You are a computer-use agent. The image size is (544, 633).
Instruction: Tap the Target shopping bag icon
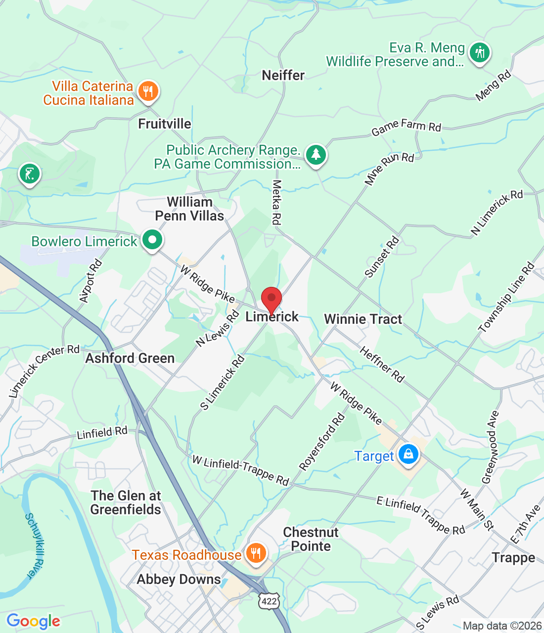click(x=408, y=454)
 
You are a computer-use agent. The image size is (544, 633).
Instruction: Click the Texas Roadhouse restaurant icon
click(x=255, y=553)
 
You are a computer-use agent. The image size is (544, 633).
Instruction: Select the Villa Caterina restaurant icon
click(x=147, y=91)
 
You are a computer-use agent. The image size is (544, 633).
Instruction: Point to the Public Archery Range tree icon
click(x=316, y=155)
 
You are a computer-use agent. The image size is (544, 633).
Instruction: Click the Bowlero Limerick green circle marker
click(x=152, y=241)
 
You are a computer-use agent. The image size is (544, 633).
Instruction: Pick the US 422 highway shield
click(x=269, y=601)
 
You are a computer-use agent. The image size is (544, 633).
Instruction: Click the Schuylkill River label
click(x=35, y=546)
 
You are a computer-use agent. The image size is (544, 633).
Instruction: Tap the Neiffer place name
click(x=283, y=75)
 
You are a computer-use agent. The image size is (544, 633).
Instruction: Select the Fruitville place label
click(x=164, y=124)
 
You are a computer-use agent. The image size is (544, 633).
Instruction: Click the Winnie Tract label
click(x=363, y=319)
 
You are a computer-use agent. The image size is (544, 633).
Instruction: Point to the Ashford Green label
click(x=130, y=358)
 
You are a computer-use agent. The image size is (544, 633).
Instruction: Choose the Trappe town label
click(x=513, y=558)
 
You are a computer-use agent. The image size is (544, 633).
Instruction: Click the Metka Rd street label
click(x=276, y=202)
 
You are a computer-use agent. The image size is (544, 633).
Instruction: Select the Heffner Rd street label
click(x=381, y=364)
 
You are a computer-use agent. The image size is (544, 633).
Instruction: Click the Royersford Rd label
click(x=322, y=442)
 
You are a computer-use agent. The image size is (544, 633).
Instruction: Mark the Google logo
click(x=33, y=621)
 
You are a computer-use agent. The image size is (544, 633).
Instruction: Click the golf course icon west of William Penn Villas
click(x=30, y=174)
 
